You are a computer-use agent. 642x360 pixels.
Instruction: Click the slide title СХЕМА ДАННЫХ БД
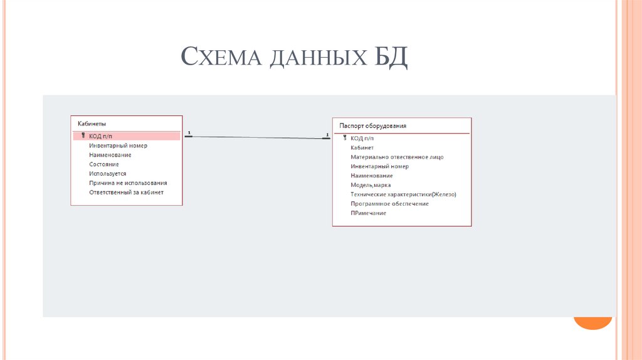point(294,58)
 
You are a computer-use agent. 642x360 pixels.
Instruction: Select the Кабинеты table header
point(92,124)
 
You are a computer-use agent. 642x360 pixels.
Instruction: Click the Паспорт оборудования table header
point(372,126)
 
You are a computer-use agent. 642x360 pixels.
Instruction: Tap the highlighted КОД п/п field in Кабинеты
point(104,136)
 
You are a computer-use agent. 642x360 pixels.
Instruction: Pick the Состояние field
point(104,164)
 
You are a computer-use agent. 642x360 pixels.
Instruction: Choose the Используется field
point(108,174)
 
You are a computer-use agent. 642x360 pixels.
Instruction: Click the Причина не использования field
point(128,183)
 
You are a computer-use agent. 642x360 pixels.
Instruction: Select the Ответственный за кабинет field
point(126,193)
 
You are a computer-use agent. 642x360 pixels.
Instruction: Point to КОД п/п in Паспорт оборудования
point(362,138)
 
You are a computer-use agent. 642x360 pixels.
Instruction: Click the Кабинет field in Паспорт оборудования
point(362,147)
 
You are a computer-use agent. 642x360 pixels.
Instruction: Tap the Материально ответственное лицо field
point(397,157)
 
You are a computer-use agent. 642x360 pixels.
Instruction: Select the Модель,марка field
point(371,185)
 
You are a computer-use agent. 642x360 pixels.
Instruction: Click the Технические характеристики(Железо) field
point(403,194)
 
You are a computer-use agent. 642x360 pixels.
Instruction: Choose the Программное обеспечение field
point(389,204)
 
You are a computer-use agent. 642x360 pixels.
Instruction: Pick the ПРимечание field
point(368,213)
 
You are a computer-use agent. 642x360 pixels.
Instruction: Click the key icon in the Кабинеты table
point(83,135)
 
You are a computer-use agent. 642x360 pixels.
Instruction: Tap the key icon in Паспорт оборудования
point(345,137)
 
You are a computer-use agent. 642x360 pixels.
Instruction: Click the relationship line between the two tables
point(257,137)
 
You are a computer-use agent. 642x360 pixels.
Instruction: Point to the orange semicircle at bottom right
point(592,322)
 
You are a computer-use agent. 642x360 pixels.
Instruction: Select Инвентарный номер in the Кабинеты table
point(118,146)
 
